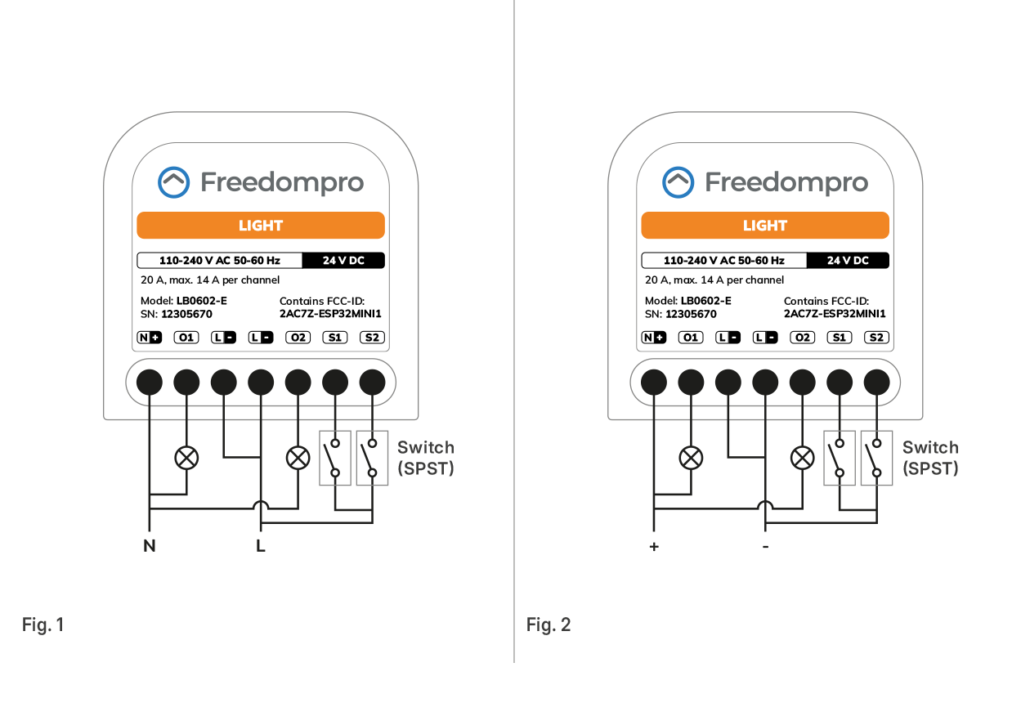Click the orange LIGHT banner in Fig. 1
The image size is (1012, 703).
(x=260, y=226)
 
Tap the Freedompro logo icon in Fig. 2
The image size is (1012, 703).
(x=678, y=182)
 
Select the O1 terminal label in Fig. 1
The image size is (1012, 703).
(x=187, y=337)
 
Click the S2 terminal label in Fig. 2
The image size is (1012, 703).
(x=876, y=337)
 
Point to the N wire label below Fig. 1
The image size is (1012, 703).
(x=149, y=546)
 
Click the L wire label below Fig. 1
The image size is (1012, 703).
(x=261, y=546)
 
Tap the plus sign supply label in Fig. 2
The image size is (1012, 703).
(x=653, y=546)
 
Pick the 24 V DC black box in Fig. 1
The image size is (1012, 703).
(x=343, y=261)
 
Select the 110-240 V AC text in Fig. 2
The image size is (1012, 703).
(x=723, y=261)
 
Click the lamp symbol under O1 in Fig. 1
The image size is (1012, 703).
(x=186, y=458)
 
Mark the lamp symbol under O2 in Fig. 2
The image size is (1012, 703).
(x=804, y=458)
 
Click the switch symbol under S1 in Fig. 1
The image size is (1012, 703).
(x=334, y=459)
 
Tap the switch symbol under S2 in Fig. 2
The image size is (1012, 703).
(x=876, y=459)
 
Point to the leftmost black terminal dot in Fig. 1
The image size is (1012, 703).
(x=149, y=381)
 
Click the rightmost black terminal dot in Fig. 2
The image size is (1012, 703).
(x=876, y=381)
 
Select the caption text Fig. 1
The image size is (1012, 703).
(x=43, y=625)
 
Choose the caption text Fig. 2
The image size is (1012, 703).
(x=549, y=625)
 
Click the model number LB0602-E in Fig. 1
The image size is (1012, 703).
(x=201, y=301)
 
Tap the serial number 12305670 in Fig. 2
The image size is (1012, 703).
(x=691, y=314)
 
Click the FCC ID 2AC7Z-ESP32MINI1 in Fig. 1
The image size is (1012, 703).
(x=330, y=314)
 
